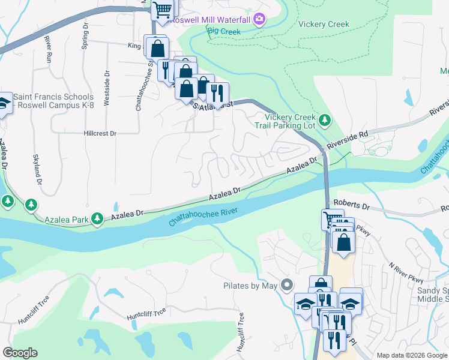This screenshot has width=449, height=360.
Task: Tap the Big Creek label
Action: [x=223, y=31]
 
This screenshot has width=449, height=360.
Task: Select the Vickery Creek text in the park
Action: [x=324, y=25]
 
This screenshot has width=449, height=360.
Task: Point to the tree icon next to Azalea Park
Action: [x=97, y=221]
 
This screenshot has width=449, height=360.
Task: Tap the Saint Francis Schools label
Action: [x=53, y=97]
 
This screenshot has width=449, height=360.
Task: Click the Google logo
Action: [x=20, y=353]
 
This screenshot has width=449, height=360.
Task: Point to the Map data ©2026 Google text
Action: [x=411, y=355]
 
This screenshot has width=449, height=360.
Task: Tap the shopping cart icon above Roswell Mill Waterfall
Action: [x=161, y=10]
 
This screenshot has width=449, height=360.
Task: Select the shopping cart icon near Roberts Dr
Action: [x=331, y=220]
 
